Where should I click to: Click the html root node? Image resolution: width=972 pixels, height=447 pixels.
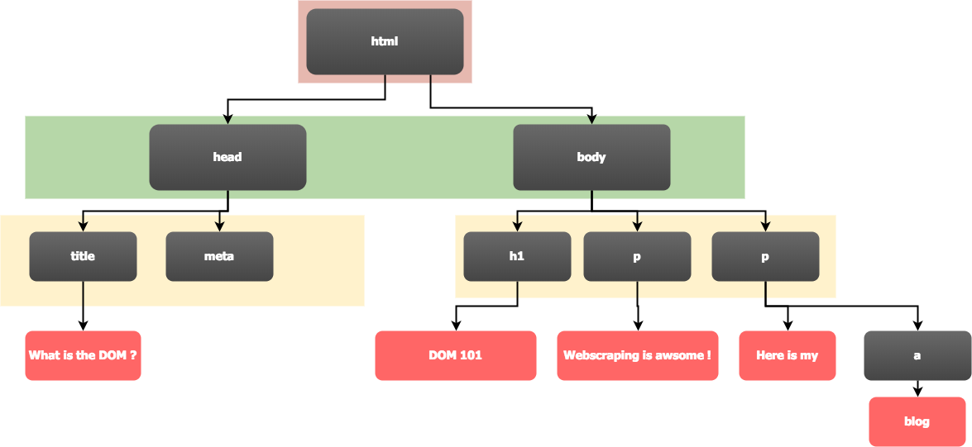coord(385,41)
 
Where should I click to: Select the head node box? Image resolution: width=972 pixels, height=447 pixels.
coord(227,157)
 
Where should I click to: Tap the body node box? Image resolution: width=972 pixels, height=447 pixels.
coord(591,157)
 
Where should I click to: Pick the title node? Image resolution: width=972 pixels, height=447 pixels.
coord(83,256)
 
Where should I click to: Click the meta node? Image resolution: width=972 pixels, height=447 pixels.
coord(219,256)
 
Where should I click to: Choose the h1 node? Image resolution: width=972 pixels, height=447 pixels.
coord(517,256)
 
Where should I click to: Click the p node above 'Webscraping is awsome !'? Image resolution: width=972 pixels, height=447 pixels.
coord(637,256)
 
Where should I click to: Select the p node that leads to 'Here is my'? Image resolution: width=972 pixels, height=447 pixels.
coord(765,256)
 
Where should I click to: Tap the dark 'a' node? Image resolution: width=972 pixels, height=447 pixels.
coord(917,355)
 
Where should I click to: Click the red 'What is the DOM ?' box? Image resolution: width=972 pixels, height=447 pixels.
coord(83,355)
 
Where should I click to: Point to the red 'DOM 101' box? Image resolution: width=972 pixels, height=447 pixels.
coord(456,355)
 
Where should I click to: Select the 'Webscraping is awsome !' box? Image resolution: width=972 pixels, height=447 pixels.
coord(637,355)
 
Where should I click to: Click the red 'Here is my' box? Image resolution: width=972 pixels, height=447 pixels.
coord(788,355)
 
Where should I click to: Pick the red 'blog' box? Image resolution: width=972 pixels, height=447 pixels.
coord(917,421)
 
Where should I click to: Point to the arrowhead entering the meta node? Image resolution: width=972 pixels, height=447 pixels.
coord(219,226)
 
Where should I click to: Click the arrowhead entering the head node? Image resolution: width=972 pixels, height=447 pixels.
coord(227,119)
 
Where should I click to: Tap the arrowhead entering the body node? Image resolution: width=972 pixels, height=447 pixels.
coord(591,119)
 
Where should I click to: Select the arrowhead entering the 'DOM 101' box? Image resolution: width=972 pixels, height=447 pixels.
coord(456,326)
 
